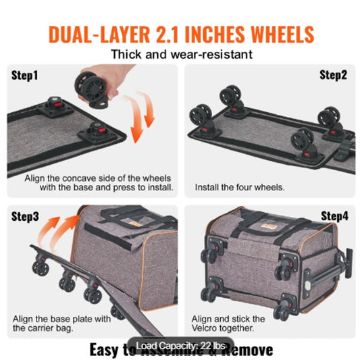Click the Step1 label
tap(23, 75)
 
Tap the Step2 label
tap(333, 75)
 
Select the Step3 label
tap(25, 217)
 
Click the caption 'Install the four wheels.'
tap(238, 187)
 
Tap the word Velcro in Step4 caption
tap(207, 329)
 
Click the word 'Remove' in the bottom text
tap(245, 350)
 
